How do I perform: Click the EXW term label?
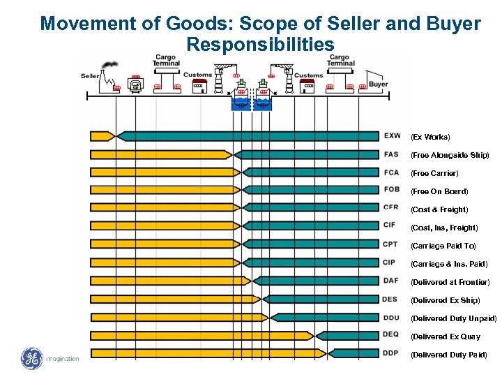coord(391,135)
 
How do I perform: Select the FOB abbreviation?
coord(391,190)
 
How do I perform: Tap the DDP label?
coord(391,353)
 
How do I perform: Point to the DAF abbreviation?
coord(391,281)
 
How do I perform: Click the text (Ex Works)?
coord(430,136)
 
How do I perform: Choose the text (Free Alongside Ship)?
coord(450,154)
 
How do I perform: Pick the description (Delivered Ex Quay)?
coord(446,337)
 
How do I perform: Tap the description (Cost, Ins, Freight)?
coord(444,228)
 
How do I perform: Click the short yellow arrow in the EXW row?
coord(102,135)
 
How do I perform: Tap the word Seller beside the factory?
coord(91,75)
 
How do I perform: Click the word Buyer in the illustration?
coord(378,84)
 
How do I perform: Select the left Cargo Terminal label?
coord(166,59)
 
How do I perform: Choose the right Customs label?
coord(308,75)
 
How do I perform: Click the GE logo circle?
coord(32,359)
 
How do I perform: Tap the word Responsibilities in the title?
coord(260,45)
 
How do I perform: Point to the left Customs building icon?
coord(199,85)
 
